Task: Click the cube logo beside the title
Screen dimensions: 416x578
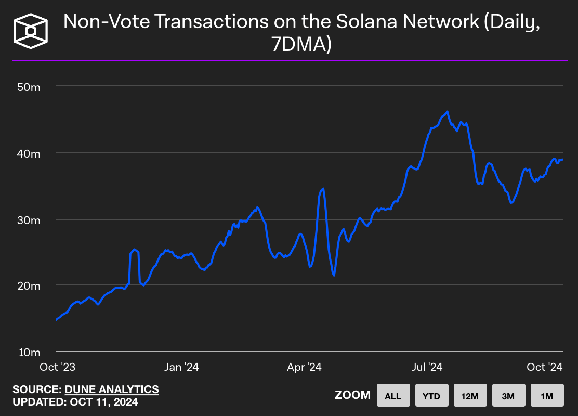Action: pyautogui.click(x=31, y=31)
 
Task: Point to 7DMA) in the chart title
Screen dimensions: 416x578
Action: pyautogui.click(x=301, y=45)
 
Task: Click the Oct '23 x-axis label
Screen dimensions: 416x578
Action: pyautogui.click(x=58, y=367)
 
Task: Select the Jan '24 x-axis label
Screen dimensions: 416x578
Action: pyautogui.click(x=181, y=367)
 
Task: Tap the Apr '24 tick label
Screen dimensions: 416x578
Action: pyautogui.click(x=304, y=367)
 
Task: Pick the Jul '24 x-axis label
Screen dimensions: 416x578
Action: pyautogui.click(x=427, y=367)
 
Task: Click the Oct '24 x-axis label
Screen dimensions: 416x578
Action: pyautogui.click(x=545, y=367)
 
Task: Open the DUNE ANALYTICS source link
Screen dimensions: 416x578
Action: pyautogui.click(x=112, y=389)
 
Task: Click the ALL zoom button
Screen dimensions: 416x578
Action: pyautogui.click(x=393, y=396)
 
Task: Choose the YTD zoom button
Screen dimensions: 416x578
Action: pyautogui.click(x=431, y=396)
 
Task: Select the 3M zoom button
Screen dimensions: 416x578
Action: pyautogui.click(x=508, y=396)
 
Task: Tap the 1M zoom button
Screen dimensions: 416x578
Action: pyautogui.click(x=547, y=396)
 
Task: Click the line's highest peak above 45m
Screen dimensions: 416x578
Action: pyautogui.click(x=447, y=112)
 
